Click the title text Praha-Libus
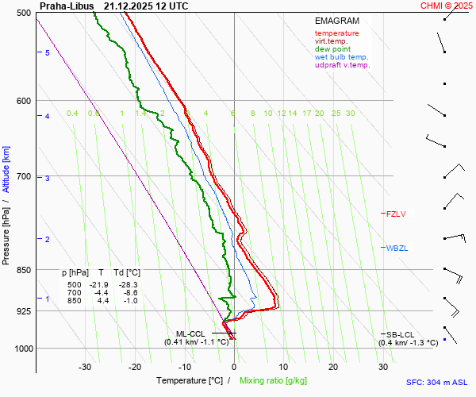[x=67, y=6]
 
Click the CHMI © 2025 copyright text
[x=446, y=6]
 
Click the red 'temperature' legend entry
[x=336, y=33]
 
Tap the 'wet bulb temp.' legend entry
[x=341, y=57]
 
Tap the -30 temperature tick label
[x=85, y=367]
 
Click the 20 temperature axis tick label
[x=333, y=367]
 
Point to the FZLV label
[x=396, y=214]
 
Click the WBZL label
[x=397, y=249]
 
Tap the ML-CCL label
[x=190, y=334]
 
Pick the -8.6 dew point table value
[x=129, y=293]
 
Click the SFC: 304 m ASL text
[x=439, y=382]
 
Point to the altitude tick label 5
[x=48, y=52]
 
